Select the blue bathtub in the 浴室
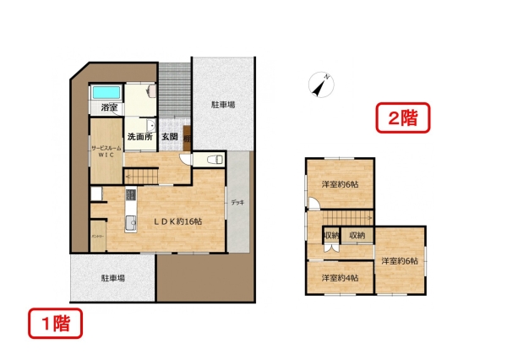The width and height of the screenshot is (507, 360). [x=106, y=92]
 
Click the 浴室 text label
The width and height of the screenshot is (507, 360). [x=108, y=108]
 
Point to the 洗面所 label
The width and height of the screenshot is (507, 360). [x=139, y=136]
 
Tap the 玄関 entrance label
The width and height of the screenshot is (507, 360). [x=169, y=136]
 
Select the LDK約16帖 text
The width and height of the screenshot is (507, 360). [x=177, y=221]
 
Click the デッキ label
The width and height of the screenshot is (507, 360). [x=239, y=204]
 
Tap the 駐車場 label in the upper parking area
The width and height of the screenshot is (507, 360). [x=222, y=105]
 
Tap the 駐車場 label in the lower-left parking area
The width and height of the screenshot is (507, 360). [x=113, y=277]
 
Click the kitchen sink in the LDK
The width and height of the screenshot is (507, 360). [x=131, y=222]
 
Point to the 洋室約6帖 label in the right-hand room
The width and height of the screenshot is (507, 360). [x=400, y=261]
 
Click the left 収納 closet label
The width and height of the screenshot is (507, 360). [x=331, y=235]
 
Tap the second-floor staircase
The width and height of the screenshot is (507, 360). [x=315, y=229]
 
